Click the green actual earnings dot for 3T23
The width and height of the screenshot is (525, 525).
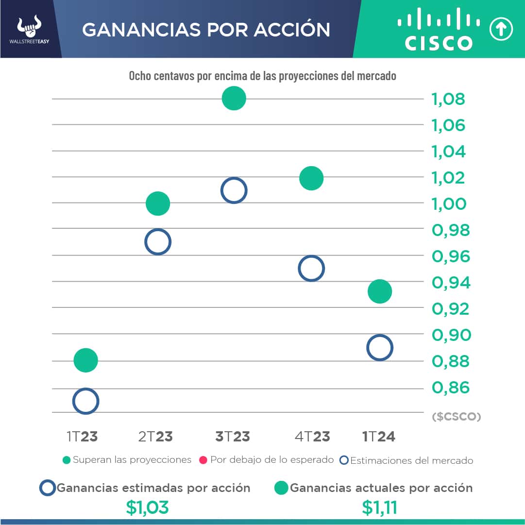tap(234, 98)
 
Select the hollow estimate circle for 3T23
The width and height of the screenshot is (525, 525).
tap(234, 190)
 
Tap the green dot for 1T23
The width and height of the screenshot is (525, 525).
tap(85, 360)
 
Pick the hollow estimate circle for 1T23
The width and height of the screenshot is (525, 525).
tap(85, 401)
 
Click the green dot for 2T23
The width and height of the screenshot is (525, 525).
tap(157, 203)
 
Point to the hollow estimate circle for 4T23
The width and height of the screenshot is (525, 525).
tap(311, 268)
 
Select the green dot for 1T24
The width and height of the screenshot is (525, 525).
tap(379, 291)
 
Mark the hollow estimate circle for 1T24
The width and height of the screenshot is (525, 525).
tap(379, 348)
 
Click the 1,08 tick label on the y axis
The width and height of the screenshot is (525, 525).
tap(448, 99)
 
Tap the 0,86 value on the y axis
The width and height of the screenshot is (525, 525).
tap(450, 388)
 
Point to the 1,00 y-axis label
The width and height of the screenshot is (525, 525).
tap(448, 203)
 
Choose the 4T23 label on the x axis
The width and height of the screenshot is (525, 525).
tap(312, 437)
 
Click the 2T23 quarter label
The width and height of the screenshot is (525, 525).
tap(155, 437)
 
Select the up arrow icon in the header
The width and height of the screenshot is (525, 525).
tap(501, 30)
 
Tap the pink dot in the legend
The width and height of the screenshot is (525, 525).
tap(203, 460)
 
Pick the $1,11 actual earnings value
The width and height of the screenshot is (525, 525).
tap(380, 508)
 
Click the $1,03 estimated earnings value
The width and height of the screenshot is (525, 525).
tap(147, 508)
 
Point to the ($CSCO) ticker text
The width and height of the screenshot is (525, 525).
tap(456, 417)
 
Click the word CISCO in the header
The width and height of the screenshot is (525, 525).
tap(439, 43)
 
